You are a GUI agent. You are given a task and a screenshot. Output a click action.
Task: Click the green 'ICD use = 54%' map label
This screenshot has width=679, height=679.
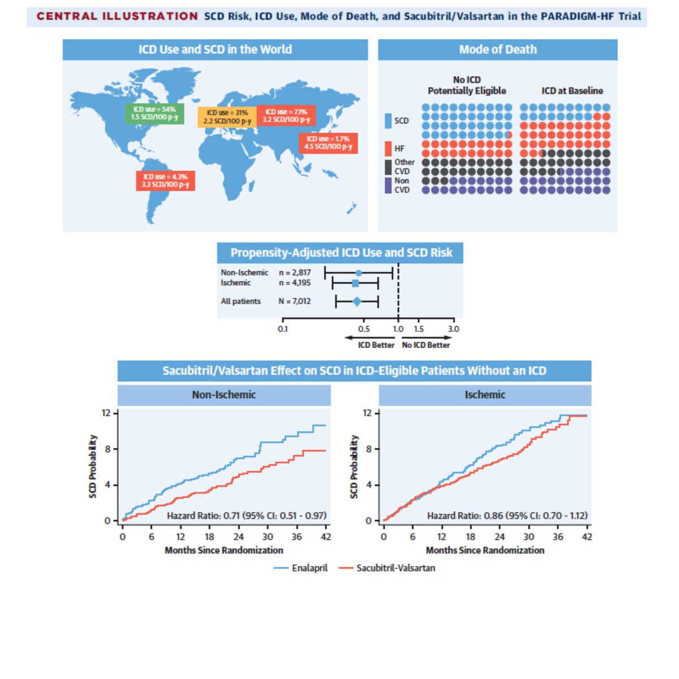tap(154, 113)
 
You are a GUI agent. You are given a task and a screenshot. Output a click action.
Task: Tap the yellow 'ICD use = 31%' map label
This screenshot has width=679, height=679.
tap(227, 117)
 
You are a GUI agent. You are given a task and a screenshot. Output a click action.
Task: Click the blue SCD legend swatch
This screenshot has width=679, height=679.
tap(388, 121)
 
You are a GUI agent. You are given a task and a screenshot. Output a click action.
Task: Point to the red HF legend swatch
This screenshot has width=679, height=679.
tap(388, 148)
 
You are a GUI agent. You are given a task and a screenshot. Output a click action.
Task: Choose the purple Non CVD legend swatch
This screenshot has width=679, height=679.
tap(388, 185)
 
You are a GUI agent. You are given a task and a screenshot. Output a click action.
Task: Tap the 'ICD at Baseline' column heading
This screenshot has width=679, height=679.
tap(572, 91)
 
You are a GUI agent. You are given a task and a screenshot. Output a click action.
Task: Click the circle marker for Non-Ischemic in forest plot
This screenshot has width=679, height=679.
tap(358, 273)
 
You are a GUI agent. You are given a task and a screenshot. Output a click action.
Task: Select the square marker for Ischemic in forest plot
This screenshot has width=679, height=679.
tap(355, 283)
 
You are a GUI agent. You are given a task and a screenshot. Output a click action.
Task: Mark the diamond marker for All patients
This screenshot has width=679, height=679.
tap(357, 302)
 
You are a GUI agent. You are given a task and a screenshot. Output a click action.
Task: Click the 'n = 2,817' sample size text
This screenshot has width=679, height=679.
tap(295, 273)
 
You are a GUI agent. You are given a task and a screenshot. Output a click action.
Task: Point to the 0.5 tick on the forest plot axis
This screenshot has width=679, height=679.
tap(364, 328)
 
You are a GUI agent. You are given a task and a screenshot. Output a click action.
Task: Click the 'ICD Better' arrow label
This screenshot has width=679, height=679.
tap(376, 345)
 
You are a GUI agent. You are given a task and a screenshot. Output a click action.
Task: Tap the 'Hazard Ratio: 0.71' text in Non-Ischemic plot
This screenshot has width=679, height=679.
tap(247, 515)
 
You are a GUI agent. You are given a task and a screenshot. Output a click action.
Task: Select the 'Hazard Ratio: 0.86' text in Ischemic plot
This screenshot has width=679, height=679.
tap(507, 515)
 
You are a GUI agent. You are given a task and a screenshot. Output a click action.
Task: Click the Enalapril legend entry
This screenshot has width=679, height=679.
tap(301, 568)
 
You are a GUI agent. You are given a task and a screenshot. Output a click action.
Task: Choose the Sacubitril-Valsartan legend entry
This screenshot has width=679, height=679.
tap(388, 568)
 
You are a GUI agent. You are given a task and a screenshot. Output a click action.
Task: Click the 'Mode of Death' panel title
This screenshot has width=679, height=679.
tap(497, 50)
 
